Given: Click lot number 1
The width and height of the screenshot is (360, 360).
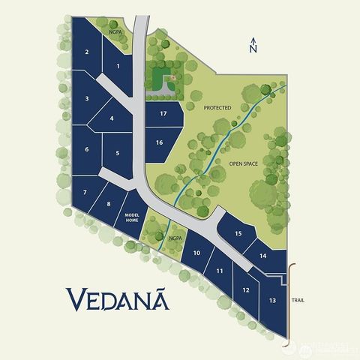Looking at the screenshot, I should pos(118,67).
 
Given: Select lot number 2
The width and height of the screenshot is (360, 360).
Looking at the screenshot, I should pos(87,52).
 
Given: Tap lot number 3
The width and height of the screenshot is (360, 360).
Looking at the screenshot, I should pos(87,99).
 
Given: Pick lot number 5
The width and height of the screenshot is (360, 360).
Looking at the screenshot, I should pos(118,154).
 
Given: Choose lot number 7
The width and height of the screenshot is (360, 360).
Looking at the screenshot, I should pos(85,193).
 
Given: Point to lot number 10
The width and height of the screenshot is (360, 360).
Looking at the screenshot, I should pos(196,253).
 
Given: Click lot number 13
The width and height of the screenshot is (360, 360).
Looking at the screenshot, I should pos(271,301).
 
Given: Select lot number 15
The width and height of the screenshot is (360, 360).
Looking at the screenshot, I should pos(238,234).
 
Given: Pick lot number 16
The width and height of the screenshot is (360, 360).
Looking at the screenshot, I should pos(159,142).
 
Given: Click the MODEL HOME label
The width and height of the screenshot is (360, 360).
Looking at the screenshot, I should pos(132,218).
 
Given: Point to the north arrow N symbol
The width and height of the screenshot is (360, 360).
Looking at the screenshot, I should pos(253,46).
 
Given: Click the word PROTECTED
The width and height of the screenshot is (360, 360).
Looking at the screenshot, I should pos(217,108).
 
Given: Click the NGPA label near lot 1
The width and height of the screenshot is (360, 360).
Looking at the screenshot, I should pos(115,33).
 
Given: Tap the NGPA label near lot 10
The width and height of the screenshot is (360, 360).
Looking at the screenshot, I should pos(176,238).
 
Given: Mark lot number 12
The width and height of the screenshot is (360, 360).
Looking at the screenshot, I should pos(246,289).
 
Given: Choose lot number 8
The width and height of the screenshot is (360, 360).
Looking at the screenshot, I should pos(109,204).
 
